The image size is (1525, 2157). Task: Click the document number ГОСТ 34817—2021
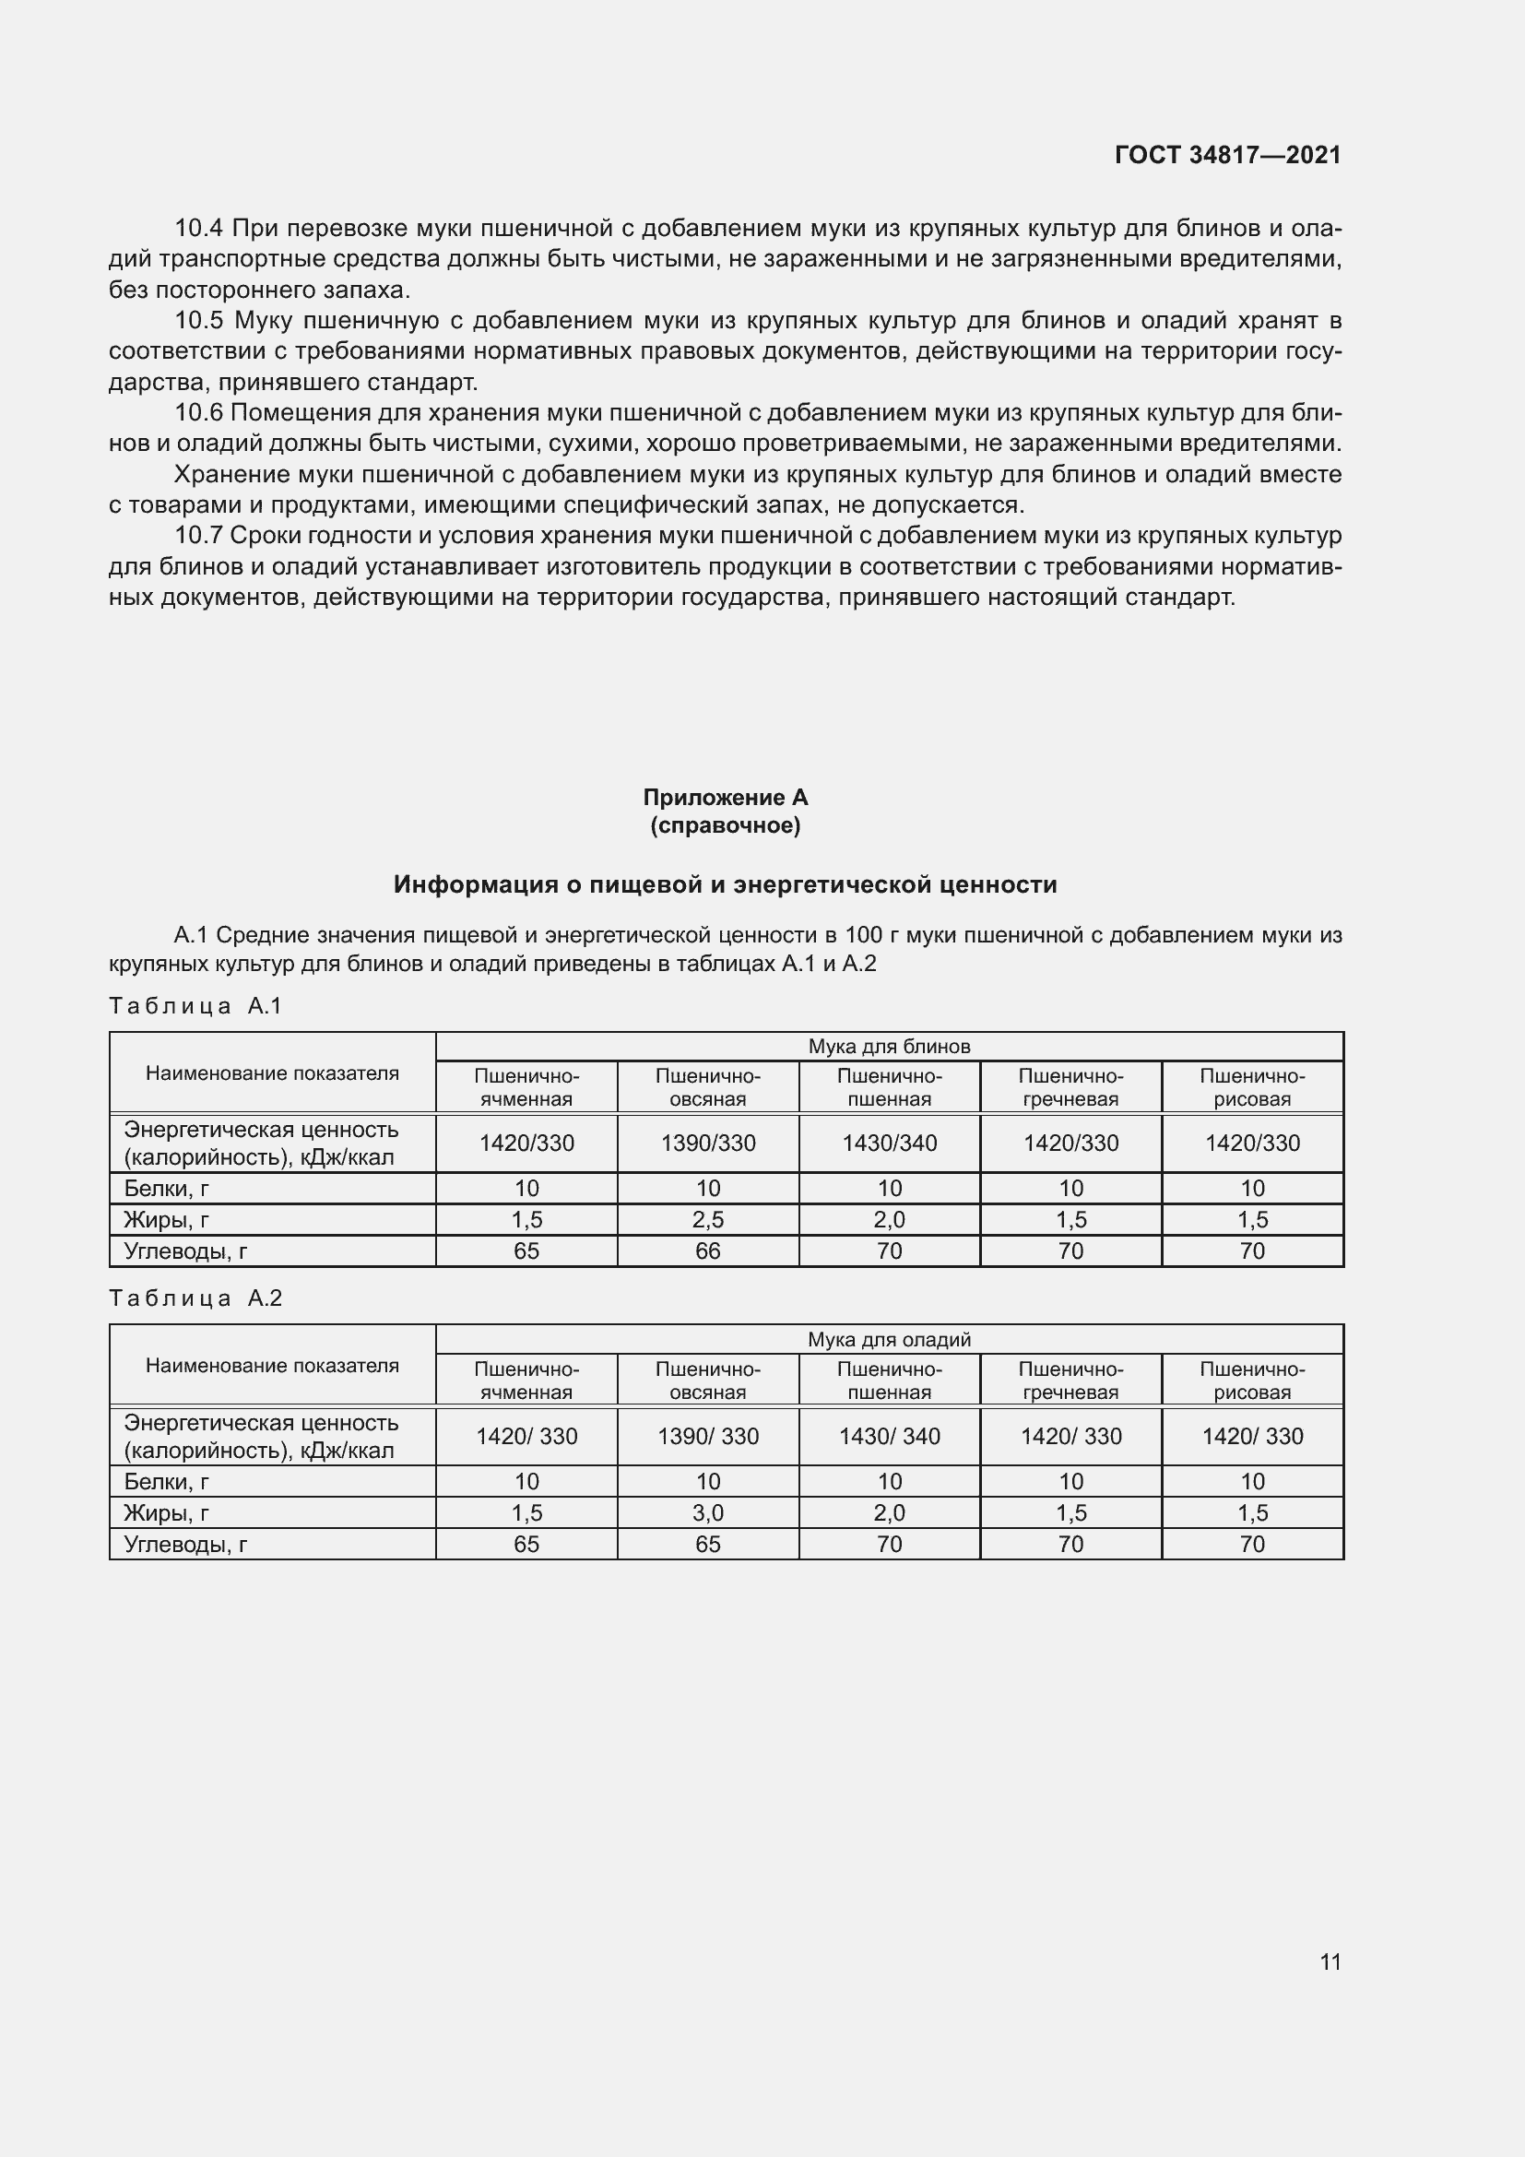pyautogui.click(x=1227, y=155)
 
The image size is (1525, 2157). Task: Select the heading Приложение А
pyautogui.click(x=725, y=798)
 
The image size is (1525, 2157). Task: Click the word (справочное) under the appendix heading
pyautogui.click(x=725, y=825)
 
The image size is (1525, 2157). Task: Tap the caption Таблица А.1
pyautogui.click(x=195, y=1006)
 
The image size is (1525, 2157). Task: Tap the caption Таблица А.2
pyautogui.click(x=195, y=1298)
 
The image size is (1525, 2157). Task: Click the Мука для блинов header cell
pyautogui.click(x=888, y=1047)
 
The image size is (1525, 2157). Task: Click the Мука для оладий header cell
pyautogui.click(x=888, y=1340)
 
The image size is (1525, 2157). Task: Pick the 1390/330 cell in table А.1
pyautogui.click(x=708, y=1144)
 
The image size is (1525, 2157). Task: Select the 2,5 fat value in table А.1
pyautogui.click(x=708, y=1219)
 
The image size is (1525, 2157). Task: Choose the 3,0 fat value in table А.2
pyautogui.click(x=708, y=1512)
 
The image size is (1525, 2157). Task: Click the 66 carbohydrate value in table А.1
pyautogui.click(x=708, y=1250)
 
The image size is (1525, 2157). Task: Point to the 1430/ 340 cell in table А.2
pyautogui.click(x=889, y=1437)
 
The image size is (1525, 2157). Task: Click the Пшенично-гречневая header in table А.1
pyautogui.click(x=1070, y=1087)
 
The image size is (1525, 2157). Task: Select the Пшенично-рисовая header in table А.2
pyautogui.click(x=1252, y=1381)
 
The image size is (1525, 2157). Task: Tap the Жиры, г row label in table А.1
pyautogui.click(x=166, y=1219)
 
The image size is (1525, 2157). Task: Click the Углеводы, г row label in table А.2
pyautogui.click(x=185, y=1544)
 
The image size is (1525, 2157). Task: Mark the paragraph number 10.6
pyautogui.click(x=198, y=413)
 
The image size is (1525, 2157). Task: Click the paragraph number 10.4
pyautogui.click(x=198, y=229)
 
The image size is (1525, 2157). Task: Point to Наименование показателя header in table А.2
pyautogui.click(x=272, y=1365)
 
